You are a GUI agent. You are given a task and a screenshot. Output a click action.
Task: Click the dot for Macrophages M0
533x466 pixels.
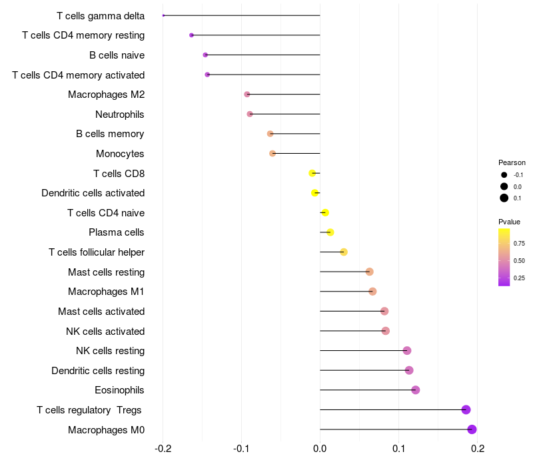pos(472,429)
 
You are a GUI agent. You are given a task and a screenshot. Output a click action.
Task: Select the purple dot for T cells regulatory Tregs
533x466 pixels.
pos(466,409)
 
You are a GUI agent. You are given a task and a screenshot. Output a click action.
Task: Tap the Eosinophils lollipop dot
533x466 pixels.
pos(416,390)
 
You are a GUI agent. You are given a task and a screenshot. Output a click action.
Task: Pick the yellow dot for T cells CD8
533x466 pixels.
pos(312,173)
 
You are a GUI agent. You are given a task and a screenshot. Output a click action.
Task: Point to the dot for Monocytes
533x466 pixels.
pos(272,154)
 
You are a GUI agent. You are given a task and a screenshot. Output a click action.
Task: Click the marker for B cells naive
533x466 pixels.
pos(205,55)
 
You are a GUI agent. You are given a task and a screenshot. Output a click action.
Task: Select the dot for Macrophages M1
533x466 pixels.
pos(372,292)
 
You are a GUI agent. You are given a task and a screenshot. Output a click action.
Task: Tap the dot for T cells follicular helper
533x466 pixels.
pos(344,252)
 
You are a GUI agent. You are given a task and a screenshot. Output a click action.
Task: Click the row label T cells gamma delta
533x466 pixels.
pos(101,15)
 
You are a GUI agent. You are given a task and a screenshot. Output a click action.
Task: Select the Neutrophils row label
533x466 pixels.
pos(120,115)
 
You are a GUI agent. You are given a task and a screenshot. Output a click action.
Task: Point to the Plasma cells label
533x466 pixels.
pos(117,232)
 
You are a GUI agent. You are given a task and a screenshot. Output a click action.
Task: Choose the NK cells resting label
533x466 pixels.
pos(111,351)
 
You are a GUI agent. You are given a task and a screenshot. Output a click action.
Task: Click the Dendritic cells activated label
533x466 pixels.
pos(93,193)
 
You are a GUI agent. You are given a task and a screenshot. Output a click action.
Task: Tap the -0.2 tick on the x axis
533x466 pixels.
pos(163,449)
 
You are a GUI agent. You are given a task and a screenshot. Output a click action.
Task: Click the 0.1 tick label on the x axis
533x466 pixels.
pos(399,449)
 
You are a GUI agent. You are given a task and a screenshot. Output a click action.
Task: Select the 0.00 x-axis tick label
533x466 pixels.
pos(320,449)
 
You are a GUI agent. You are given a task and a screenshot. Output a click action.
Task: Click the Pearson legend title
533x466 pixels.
pos(512,162)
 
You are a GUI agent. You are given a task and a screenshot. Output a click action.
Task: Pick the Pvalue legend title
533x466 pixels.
pos(510,222)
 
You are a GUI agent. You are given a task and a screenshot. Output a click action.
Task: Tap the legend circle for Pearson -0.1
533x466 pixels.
pos(504,175)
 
